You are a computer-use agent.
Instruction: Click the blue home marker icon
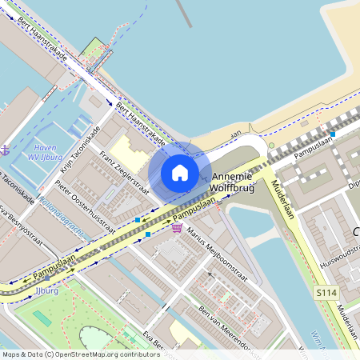tap(180, 172)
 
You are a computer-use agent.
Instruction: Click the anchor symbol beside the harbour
tap(6, 150)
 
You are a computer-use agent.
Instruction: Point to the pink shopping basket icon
tap(176, 227)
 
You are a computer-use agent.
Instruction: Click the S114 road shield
tap(324, 294)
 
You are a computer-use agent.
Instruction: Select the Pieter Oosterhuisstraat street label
tap(84, 209)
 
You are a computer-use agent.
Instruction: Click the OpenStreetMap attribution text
tap(81, 354)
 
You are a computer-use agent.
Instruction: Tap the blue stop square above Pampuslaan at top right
tap(333, 134)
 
